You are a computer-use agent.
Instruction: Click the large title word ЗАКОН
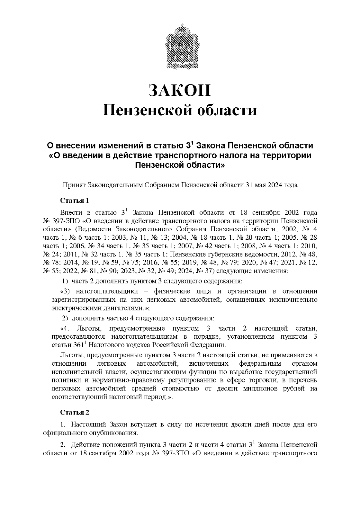point(180,90)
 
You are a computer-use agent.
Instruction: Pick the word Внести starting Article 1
point(71,213)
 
